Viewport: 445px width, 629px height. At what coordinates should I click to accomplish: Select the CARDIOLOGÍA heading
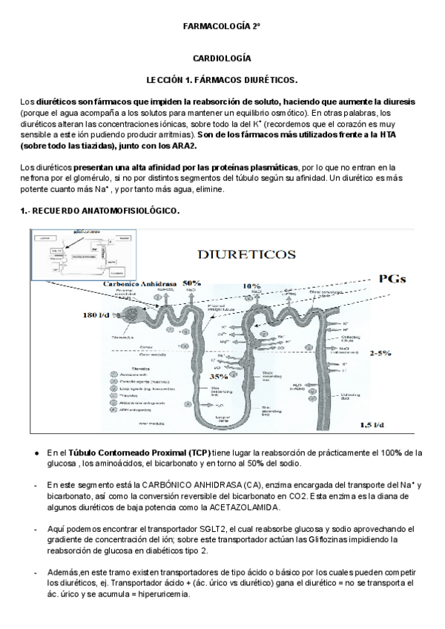coord(222,58)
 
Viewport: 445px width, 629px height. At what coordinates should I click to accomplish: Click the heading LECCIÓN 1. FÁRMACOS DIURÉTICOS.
coord(222,79)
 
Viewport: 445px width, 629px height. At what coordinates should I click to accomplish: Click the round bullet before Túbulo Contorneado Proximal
coord(37,453)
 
